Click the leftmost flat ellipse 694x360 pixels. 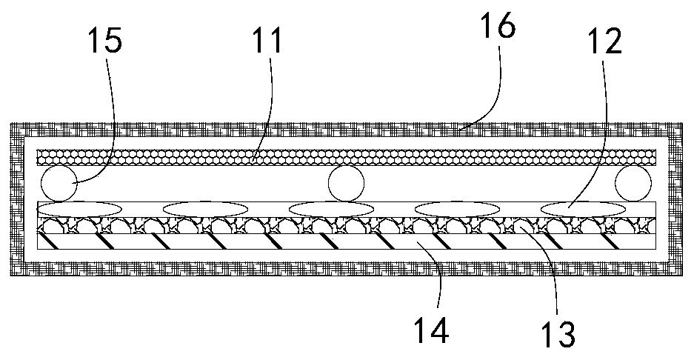80,208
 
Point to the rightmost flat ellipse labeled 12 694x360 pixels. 581,208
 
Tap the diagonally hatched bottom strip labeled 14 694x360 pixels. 296,241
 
